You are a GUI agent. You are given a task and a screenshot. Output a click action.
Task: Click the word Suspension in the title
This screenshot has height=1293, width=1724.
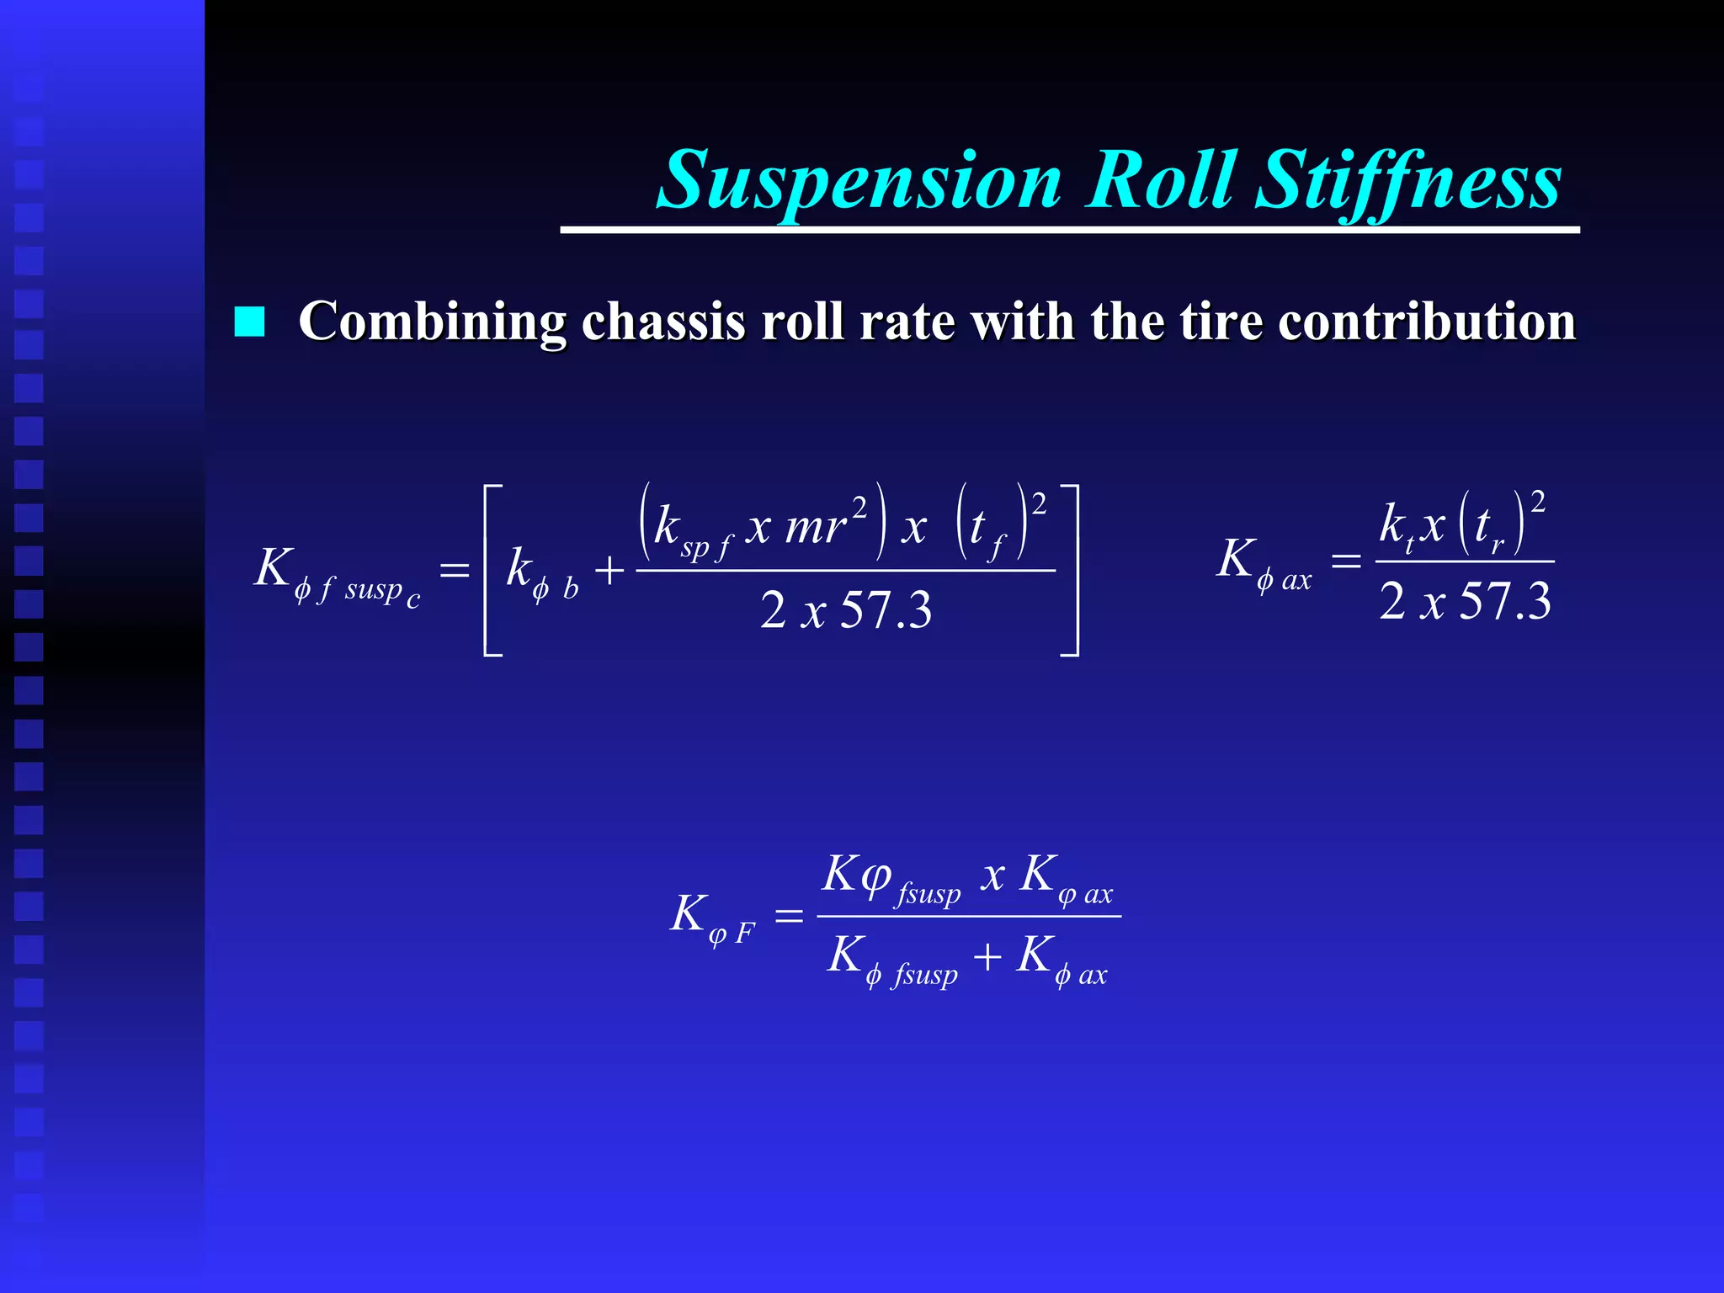[859, 181]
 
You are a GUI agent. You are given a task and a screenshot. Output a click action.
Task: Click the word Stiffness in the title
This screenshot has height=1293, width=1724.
[1408, 181]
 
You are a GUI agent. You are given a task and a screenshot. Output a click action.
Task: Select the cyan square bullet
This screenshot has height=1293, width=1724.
[249, 322]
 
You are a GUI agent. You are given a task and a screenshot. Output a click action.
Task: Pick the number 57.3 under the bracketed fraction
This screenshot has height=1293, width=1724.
[886, 610]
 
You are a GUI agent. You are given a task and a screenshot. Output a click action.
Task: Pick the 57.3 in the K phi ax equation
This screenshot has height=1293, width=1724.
[1504, 602]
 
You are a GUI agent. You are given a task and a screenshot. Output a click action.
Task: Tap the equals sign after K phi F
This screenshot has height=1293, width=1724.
[789, 915]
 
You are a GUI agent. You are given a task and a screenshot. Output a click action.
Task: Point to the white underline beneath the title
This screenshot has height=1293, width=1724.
[1069, 230]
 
